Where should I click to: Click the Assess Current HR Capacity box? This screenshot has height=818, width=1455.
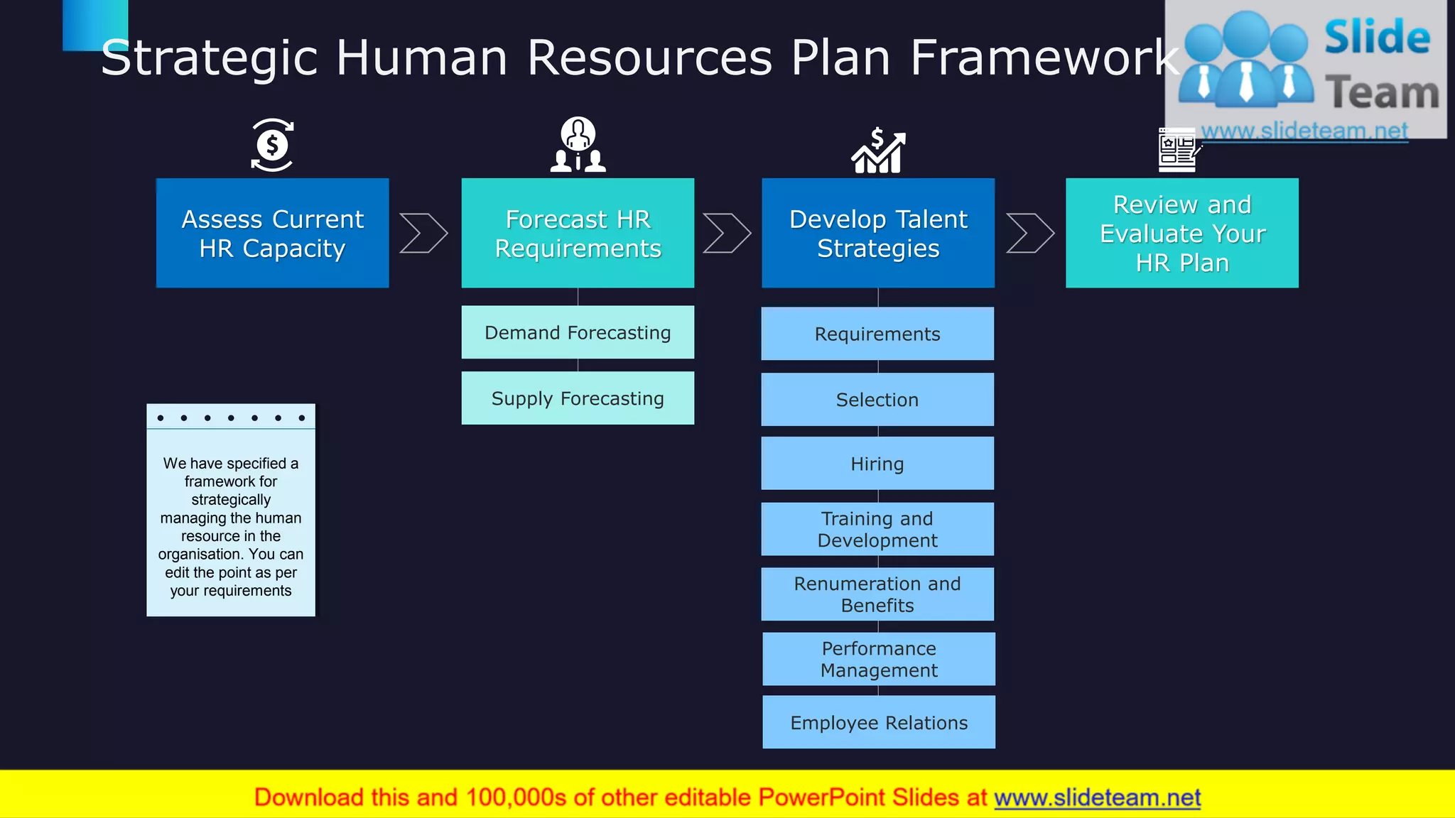[272, 233]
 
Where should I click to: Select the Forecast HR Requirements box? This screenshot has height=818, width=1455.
[578, 233]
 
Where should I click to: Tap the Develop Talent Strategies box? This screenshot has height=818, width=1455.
[878, 233]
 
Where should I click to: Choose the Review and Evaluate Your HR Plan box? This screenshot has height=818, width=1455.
[1182, 233]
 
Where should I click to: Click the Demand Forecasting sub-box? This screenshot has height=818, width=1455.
[578, 332]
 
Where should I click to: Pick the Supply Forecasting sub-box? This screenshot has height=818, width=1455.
[578, 398]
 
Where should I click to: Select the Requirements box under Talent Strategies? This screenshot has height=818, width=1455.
[877, 334]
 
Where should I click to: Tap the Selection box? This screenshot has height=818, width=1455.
[877, 400]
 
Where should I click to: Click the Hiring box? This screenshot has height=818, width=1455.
[877, 464]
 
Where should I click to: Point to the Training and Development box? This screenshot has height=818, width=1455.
[877, 529]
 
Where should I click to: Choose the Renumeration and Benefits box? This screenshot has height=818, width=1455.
[877, 594]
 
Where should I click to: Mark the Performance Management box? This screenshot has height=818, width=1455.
[879, 659]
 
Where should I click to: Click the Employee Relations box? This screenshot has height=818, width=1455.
[879, 722]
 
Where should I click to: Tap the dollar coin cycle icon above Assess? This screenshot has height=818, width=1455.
[272, 146]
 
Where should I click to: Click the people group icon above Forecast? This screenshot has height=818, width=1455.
[578, 146]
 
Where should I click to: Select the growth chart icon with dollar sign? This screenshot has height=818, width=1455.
[878, 151]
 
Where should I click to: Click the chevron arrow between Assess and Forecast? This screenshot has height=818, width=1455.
[423, 233]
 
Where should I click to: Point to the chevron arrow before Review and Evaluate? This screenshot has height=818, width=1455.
[1030, 233]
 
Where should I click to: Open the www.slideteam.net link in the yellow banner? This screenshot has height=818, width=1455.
[1097, 797]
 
